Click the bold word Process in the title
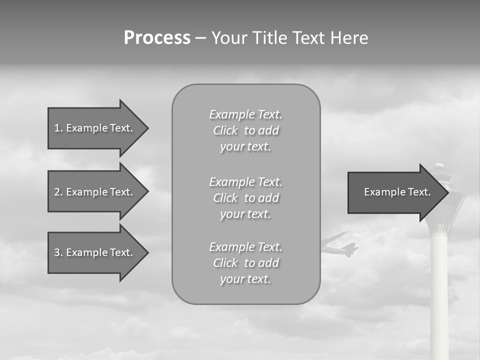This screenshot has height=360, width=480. click(x=157, y=38)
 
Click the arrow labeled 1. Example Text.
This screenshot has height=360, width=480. click(x=93, y=128)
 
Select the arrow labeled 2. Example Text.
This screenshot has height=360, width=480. click(x=93, y=192)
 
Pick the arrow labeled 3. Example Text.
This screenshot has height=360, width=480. click(x=93, y=252)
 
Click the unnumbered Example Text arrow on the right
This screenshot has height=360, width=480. click(x=397, y=192)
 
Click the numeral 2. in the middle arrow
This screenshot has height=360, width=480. click(x=58, y=192)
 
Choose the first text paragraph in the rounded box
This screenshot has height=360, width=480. click(x=245, y=130)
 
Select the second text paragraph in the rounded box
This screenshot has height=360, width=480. click(x=245, y=198)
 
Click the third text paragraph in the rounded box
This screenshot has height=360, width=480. click(x=245, y=263)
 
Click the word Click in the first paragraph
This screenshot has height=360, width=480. click(x=225, y=130)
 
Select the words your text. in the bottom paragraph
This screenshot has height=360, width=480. click(x=245, y=279)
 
